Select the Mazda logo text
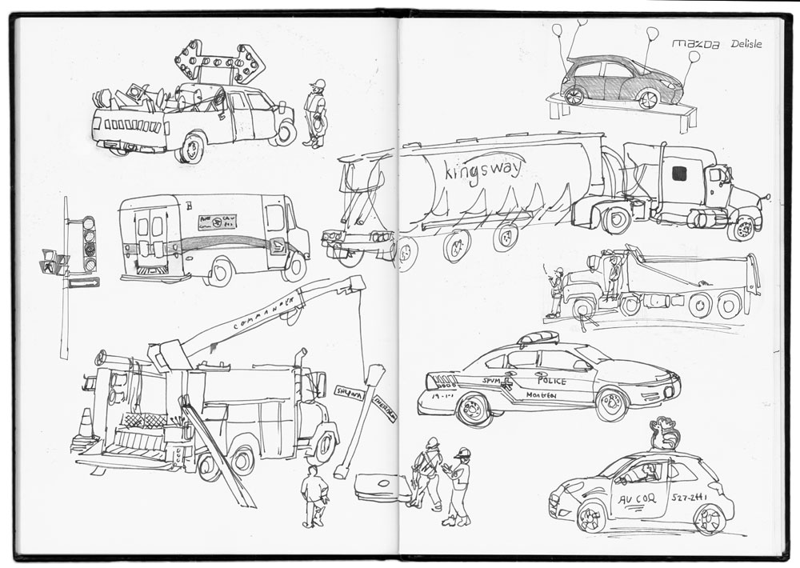(695, 44)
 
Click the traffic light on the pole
(88, 243)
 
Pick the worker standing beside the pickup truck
(316, 114)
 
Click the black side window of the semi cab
(678, 174)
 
